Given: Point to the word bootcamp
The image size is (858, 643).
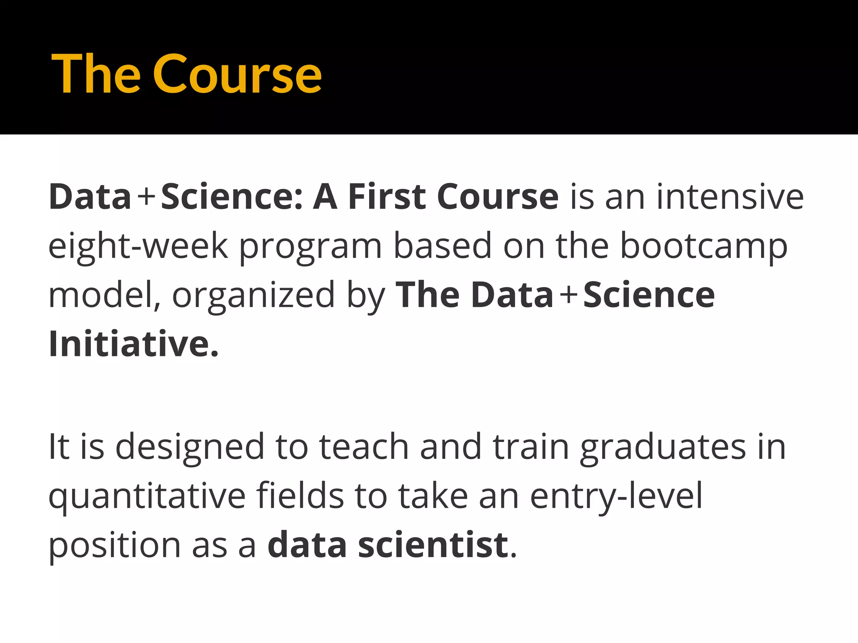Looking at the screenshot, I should tap(703, 247).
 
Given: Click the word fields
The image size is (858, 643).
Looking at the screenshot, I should tap(300, 496).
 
